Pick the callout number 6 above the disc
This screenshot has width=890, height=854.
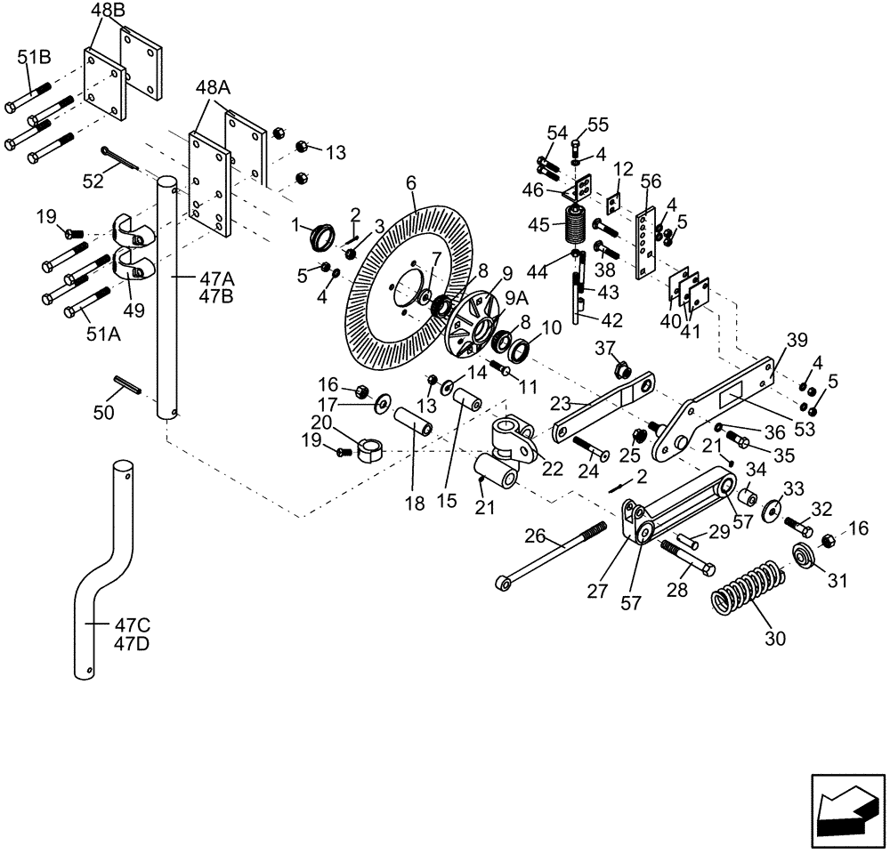[x=411, y=182]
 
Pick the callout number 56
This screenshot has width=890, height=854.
[x=651, y=181]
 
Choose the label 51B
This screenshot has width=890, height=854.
[x=35, y=58]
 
